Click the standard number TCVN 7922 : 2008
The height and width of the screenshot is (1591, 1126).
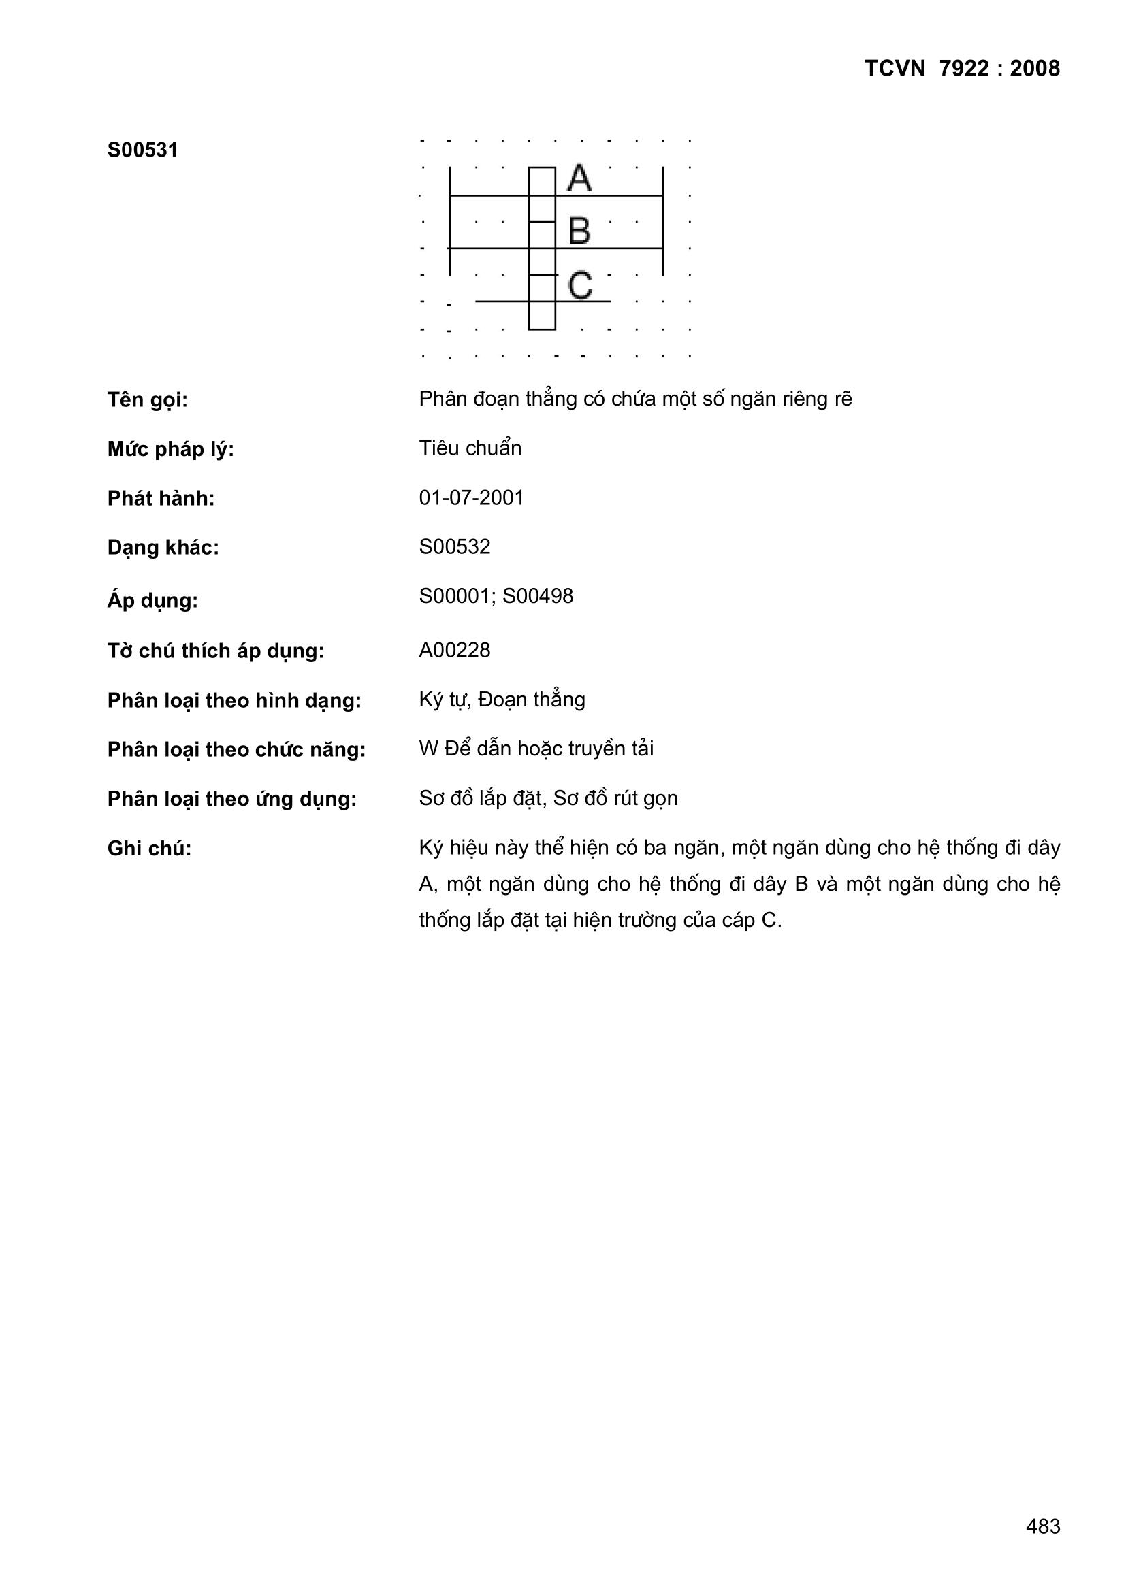point(962,69)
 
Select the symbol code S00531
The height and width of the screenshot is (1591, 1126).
point(142,150)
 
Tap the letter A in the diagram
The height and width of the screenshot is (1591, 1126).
point(579,179)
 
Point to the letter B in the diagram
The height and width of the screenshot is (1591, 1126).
point(579,231)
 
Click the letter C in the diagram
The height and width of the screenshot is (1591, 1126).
point(579,286)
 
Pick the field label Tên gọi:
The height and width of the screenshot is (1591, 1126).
point(147,400)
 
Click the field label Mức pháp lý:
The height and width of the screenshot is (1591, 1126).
point(171,450)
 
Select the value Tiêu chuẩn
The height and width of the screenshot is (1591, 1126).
point(470,448)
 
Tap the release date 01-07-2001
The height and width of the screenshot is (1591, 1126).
point(472,497)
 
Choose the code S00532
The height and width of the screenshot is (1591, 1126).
point(454,546)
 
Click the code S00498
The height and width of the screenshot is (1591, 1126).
point(538,596)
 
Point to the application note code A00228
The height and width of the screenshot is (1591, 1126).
point(454,650)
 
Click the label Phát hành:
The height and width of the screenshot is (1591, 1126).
point(161,499)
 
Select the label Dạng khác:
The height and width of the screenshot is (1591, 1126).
point(163,548)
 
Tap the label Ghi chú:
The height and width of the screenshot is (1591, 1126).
point(149,849)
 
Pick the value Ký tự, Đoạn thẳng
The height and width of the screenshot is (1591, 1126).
point(502,700)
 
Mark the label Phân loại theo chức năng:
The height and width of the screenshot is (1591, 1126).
point(236,750)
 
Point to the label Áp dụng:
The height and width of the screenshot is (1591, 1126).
point(152,601)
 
